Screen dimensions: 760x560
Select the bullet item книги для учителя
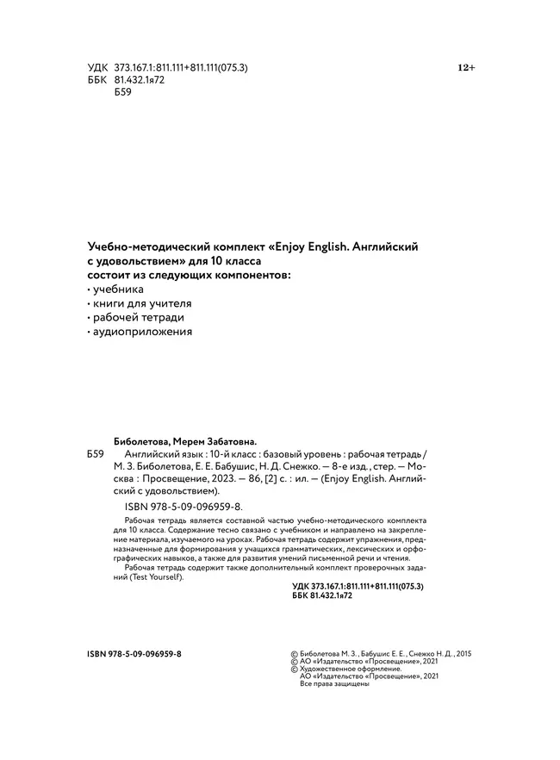click(141, 303)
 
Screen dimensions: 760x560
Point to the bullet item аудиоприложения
click(141, 331)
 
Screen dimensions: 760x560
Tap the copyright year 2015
click(463, 654)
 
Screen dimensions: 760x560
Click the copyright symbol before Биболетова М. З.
click(296, 654)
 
